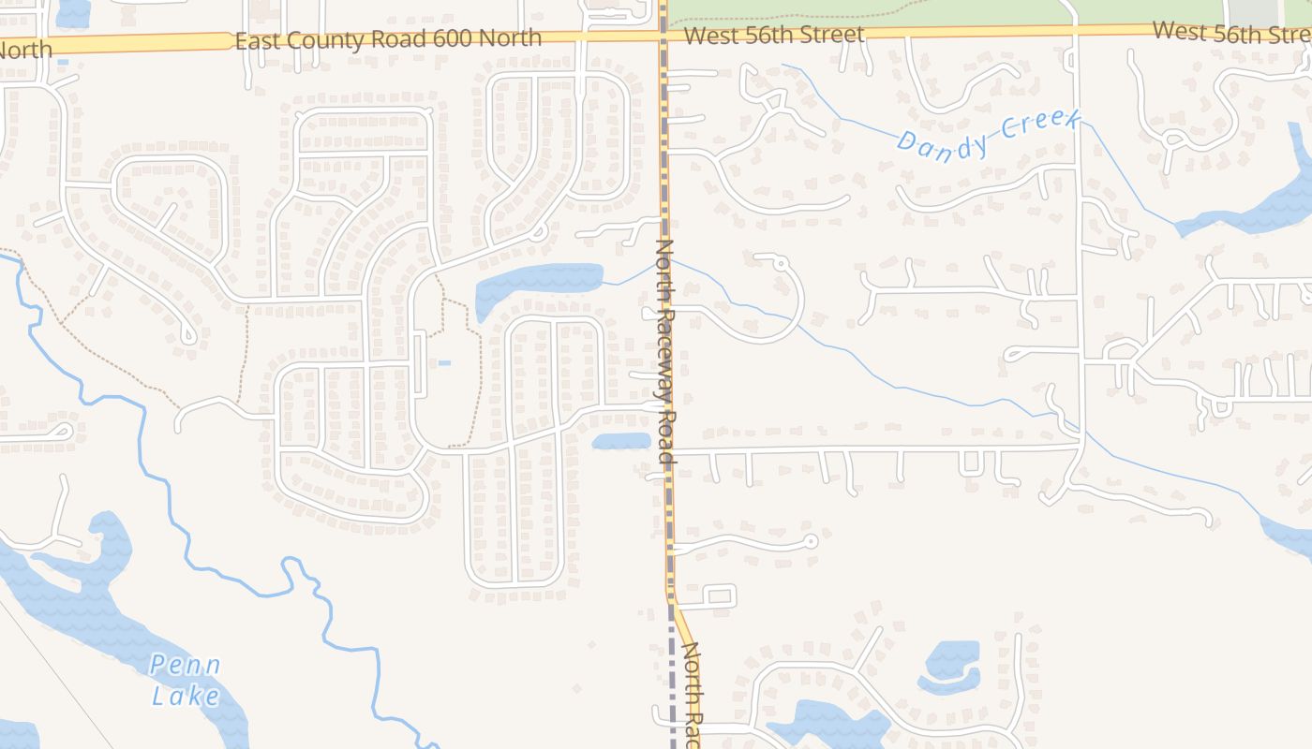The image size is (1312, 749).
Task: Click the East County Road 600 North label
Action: pyautogui.click(x=388, y=39)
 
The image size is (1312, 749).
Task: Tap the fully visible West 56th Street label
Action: pyautogui.click(x=774, y=36)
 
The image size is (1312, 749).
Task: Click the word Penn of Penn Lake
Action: pyautogui.click(x=186, y=667)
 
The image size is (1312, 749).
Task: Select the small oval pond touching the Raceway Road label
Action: pyautogui.click(x=620, y=441)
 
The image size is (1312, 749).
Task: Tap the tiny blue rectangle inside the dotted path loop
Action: pyautogui.click(x=443, y=363)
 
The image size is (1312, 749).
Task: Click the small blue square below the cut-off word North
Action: pyautogui.click(x=63, y=63)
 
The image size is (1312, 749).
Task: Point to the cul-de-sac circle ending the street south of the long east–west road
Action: pyautogui.click(x=812, y=541)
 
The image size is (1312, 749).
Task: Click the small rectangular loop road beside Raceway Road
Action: pyautogui.click(x=719, y=595)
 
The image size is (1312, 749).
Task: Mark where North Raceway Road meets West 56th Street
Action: pyautogui.click(x=663, y=36)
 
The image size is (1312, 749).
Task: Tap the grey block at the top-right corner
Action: pyautogui.click(x=1254, y=11)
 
